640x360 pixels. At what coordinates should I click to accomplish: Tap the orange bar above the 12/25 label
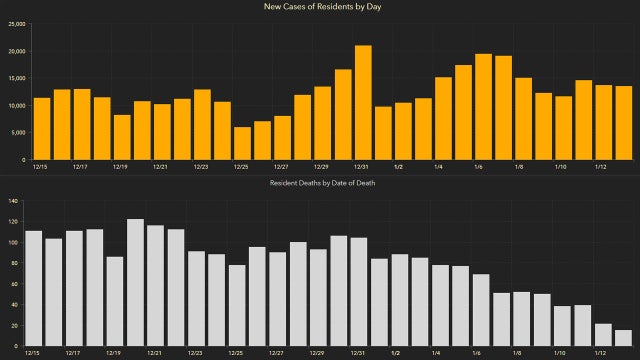pyautogui.click(x=242, y=143)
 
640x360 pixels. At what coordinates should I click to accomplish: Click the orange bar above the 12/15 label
pyautogui.click(x=42, y=128)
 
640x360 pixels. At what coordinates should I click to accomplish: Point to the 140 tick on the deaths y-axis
pyautogui.click(x=14, y=201)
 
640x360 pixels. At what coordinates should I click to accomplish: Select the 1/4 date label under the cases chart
pyautogui.click(x=437, y=167)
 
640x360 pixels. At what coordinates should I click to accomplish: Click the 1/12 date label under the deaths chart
pyautogui.click(x=603, y=353)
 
